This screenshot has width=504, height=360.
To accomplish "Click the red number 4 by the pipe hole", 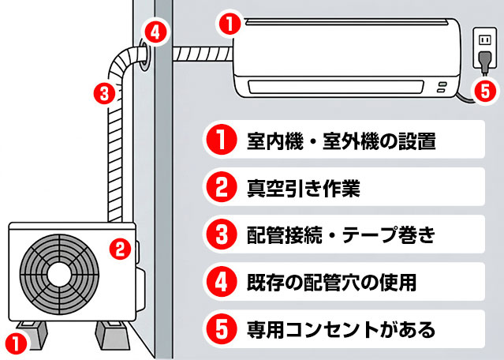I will [156, 33].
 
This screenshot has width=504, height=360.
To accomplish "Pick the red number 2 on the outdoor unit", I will [118, 249].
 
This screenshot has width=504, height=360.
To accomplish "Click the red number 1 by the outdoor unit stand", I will [13, 343].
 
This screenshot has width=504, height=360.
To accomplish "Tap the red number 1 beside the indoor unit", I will [229, 24].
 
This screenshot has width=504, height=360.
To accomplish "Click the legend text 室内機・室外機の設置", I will [340, 142].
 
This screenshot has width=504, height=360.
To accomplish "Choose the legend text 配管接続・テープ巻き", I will [340, 234].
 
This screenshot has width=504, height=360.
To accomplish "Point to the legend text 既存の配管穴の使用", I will [331, 280].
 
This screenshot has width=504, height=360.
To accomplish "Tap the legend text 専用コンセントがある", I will [340, 326].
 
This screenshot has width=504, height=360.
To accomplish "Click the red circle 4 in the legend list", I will [222, 280].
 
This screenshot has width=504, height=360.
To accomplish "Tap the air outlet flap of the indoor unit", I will [339, 85].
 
